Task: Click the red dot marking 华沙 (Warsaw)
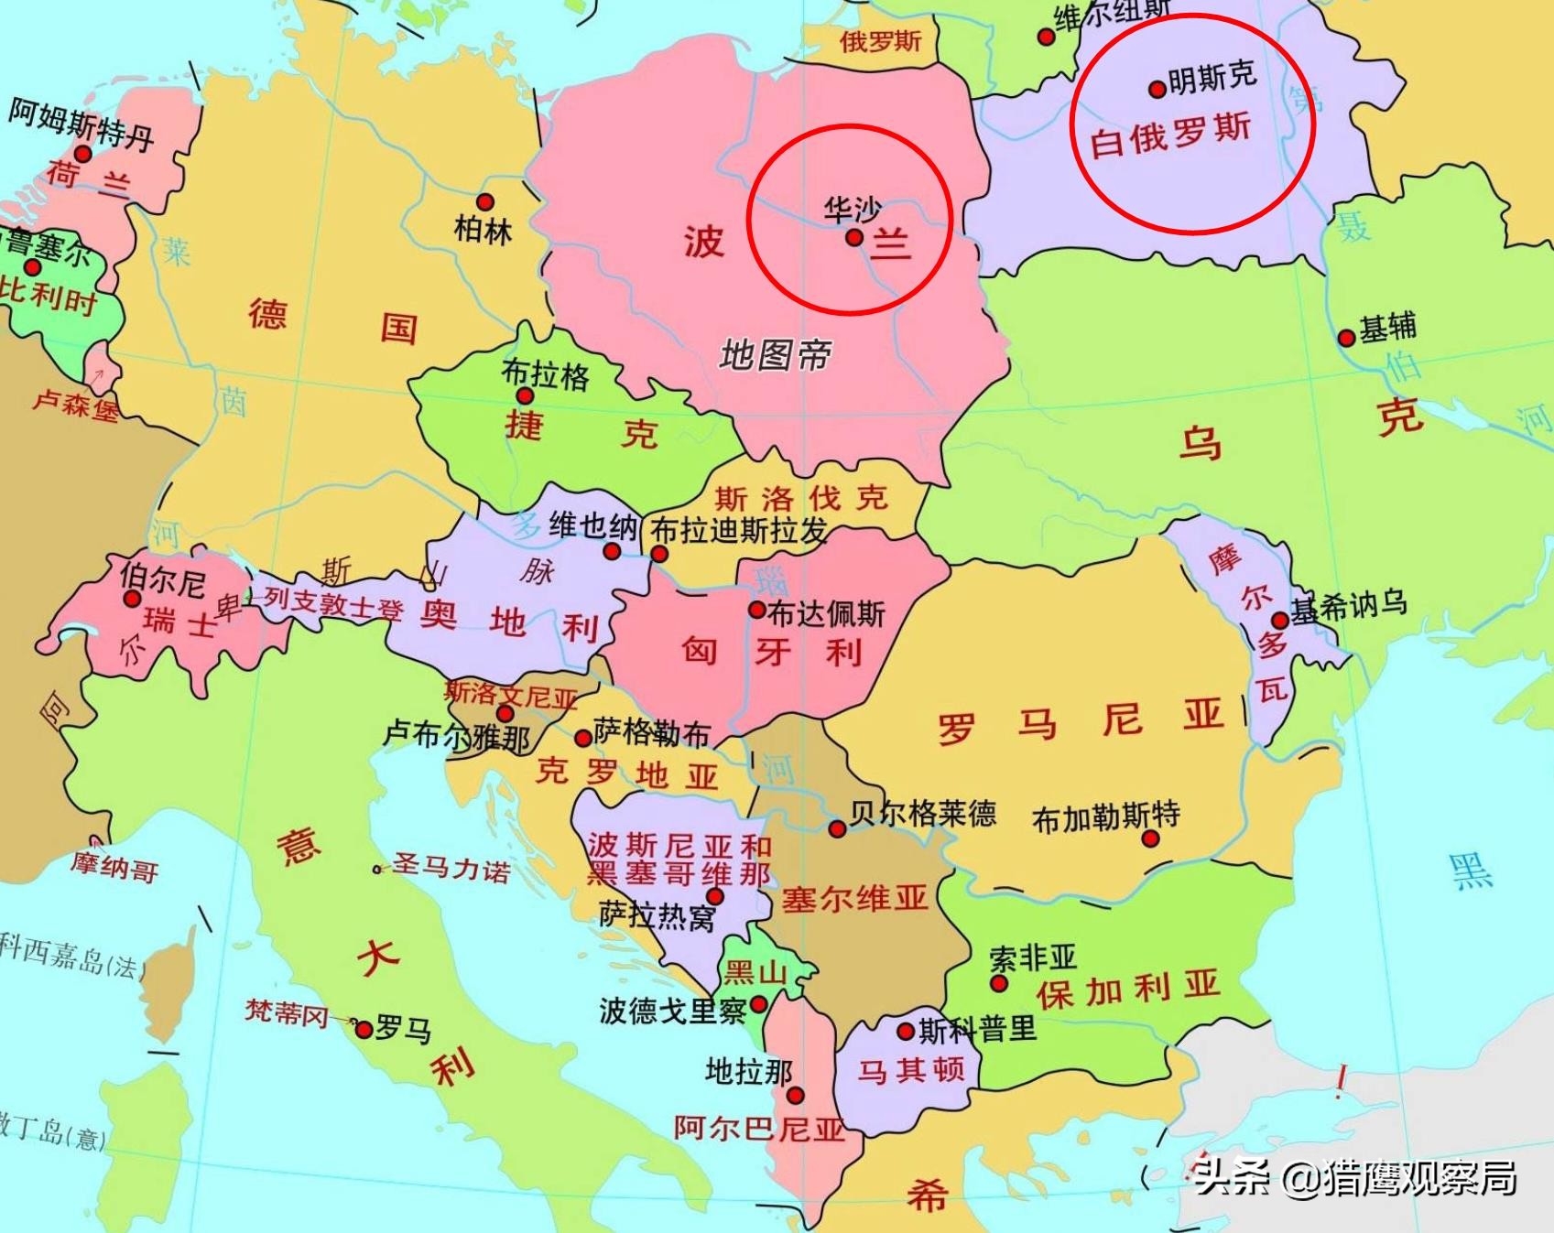(x=854, y=237)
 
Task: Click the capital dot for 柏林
(x=485, y=202)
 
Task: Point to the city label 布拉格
(x=545, y=373)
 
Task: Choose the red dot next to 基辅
(x=1346, y=338)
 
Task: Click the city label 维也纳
(x=592, y=526)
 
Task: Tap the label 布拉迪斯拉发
(x=738, y=531)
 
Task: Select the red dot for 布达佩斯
(x=757, y=610)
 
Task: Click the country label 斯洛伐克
(x=801, y=499)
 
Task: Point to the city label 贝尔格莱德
(x=922, y=813)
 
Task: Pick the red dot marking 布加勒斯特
(x=1150, y=838)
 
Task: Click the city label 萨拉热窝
(x=657, y=915)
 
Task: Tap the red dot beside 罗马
(x=364, y=1030)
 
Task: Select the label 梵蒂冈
(x=286, y=1012)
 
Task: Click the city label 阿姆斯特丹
(x=81, y=123)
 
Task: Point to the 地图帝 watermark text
(x=775, y=354)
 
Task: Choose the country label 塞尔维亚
(x=854, y=899)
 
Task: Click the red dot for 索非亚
(x=999, y=984)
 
